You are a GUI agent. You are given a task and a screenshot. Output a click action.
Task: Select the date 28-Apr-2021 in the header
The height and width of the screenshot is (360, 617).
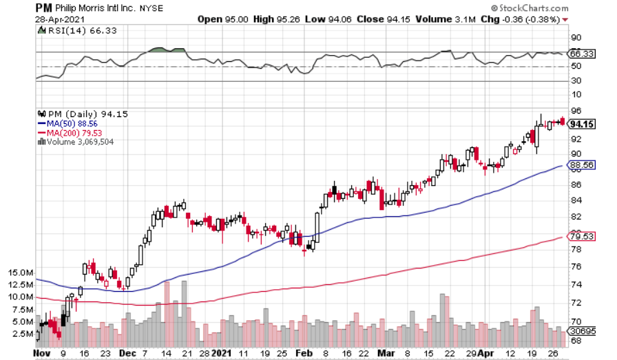[x=57, y=19]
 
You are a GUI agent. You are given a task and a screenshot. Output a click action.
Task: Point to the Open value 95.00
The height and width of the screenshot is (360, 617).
[x=236, y=19]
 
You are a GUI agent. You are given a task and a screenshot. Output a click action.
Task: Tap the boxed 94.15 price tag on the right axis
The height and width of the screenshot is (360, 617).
[x=583, y=125]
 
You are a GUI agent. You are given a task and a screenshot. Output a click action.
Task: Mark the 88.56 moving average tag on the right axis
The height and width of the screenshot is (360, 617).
[x=583, y=165]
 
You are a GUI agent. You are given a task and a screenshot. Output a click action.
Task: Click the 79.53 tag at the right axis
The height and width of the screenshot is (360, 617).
[x=583, y=237]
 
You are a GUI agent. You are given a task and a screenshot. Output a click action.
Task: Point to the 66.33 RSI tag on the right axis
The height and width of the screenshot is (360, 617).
[x=583, y=52]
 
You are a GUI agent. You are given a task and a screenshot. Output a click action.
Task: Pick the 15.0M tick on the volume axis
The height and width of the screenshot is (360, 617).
[x=20, y=273]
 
